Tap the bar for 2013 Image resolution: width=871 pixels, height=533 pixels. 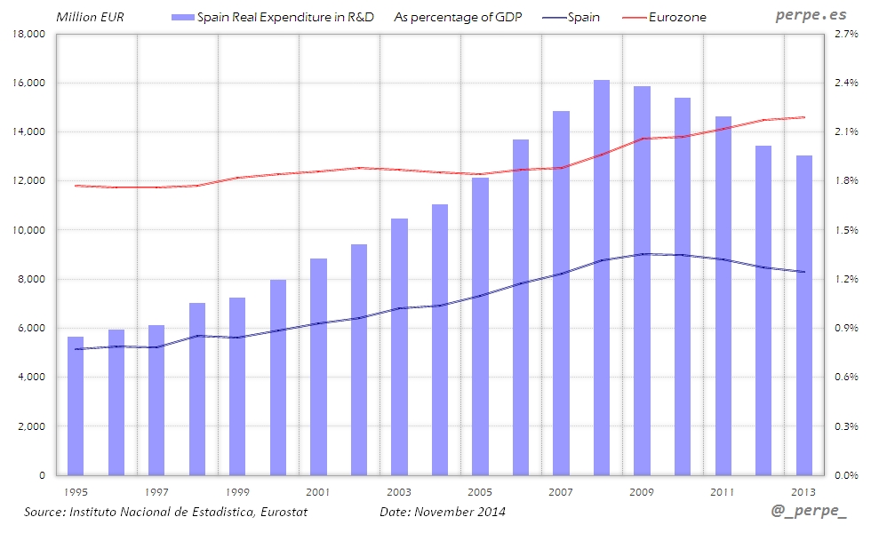803,315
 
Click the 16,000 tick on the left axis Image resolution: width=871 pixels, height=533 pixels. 30,84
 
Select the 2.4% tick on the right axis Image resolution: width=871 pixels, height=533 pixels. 845,84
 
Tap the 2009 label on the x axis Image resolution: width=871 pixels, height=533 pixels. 642,491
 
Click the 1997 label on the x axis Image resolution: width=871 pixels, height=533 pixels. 156,491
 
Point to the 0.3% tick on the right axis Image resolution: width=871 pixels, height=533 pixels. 845,426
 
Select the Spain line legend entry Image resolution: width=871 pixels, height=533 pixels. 583,17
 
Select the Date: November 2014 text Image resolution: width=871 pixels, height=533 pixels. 443,513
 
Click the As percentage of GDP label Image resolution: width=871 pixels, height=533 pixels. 457,17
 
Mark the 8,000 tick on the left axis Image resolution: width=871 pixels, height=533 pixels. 30,280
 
